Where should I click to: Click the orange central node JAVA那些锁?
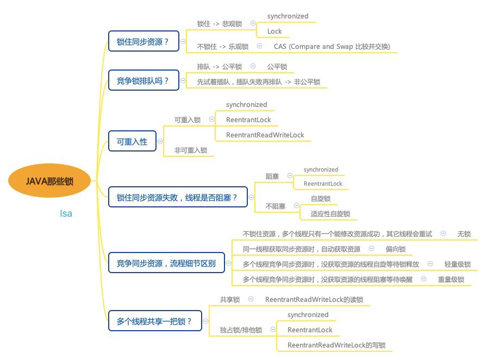[49, 181]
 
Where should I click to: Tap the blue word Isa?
[66, 213]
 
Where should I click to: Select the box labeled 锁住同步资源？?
[143, 41]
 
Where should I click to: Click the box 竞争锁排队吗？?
[143, 81]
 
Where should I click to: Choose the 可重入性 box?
[132, 141]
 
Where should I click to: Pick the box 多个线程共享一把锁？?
[155, 320]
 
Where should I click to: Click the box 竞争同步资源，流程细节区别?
[166, 264]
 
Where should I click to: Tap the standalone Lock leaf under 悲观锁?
[274, 31]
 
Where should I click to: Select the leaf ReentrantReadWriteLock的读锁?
[314, 299]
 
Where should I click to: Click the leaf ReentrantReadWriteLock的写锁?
[336, 345]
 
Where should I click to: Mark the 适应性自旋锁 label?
[330, 214]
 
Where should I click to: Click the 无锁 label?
[464, 234]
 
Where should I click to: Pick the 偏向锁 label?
[395, 249]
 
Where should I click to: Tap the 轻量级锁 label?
[457, 264]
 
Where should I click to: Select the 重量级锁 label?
[451, 280]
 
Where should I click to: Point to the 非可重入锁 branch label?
[191, 150]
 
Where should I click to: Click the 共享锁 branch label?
[230, 299]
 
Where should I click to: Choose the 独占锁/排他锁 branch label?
[241, 330]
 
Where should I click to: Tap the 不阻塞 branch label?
[275, 206]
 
